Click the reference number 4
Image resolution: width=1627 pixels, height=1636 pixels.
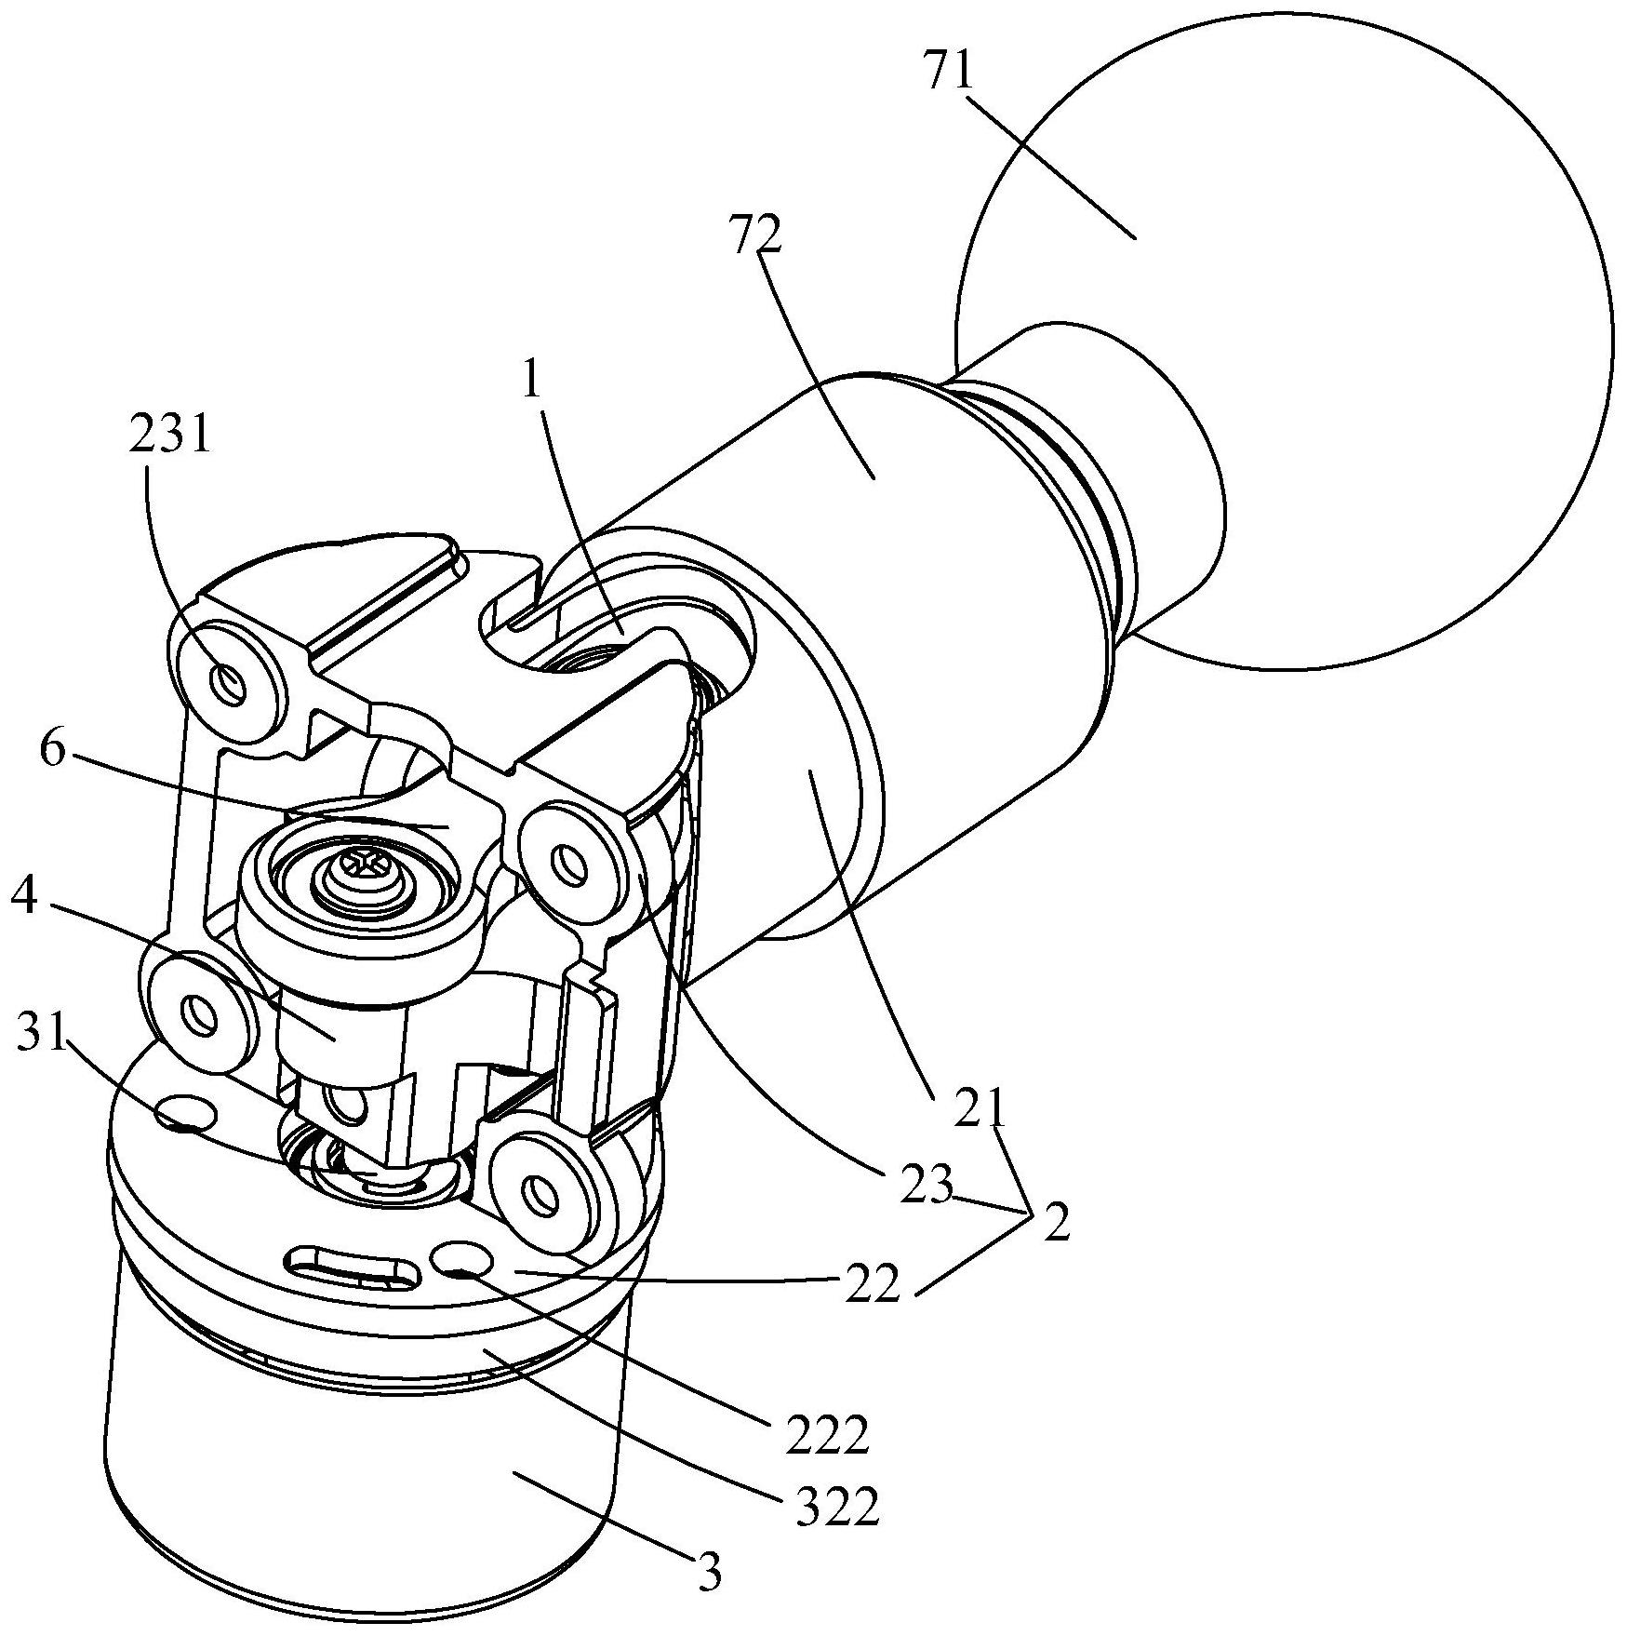24,897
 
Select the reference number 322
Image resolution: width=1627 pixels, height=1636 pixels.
837,1509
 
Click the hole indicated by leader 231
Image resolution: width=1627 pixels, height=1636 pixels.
226,682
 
